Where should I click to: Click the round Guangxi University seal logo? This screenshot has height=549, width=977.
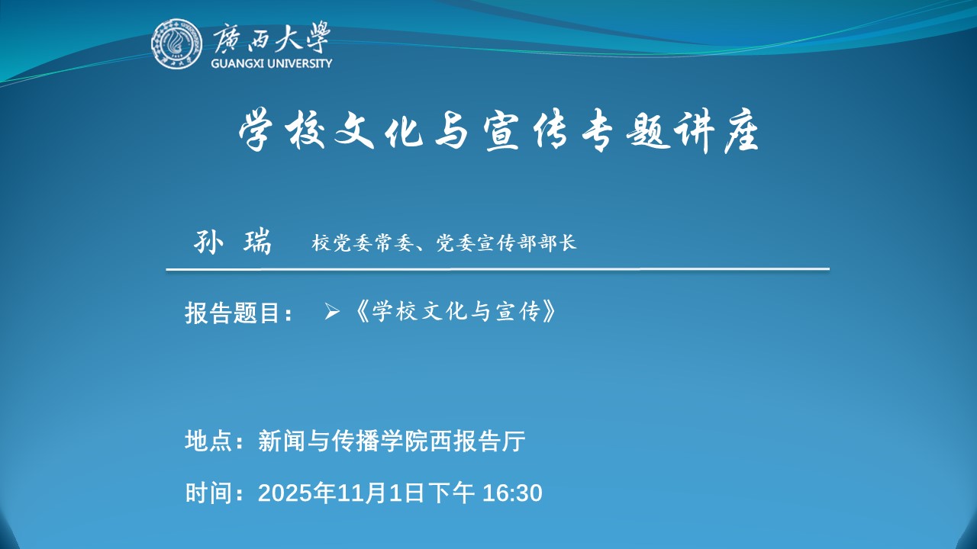coord(176,43)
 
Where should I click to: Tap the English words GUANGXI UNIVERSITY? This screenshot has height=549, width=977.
coord(271,63)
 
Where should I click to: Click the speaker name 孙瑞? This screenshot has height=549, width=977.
coord(233,241)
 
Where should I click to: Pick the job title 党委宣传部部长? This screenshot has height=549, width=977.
coord(506,242)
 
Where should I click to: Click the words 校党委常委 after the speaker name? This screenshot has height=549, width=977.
coord(363,242)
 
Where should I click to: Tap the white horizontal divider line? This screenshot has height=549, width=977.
coord(498,269)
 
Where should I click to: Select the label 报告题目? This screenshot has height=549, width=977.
coord(232,313)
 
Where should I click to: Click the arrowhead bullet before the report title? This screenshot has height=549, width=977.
coord(332,312)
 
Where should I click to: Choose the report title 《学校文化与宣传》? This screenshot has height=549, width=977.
coord(454,311)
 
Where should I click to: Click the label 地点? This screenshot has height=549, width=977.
coord(208,441)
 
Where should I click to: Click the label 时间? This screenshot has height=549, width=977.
coord(208,493)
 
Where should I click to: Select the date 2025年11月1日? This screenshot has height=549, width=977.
coord(341,493)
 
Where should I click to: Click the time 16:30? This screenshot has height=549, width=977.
coord(512,493)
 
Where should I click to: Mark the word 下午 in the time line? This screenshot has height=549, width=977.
coord(451,493)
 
